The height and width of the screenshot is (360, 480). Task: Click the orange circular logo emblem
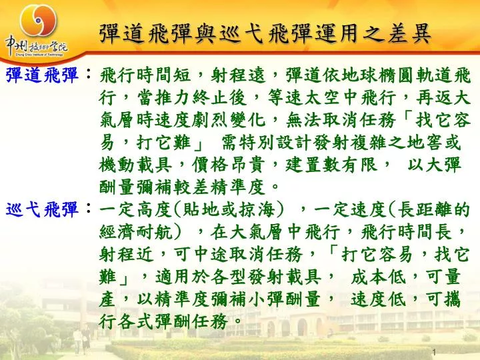[38, 20]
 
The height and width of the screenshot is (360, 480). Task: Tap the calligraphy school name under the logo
[36, 47]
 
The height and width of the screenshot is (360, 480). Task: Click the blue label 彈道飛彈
[42, 75]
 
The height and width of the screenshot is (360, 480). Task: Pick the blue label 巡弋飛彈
[42, 210]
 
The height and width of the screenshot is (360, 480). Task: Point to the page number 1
[434, 352]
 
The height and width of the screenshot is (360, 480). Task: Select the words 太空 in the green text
[321, 97]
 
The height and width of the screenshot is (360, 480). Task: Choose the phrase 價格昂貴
[228, 165]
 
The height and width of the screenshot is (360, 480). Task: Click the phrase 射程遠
[238, 75]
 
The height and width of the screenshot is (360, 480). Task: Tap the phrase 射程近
[126, 255]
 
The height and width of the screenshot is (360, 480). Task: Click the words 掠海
[257, 210]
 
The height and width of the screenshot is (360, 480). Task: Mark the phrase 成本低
[378, 277]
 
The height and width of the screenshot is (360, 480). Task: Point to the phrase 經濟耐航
[135, 232]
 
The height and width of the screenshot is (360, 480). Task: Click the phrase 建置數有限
[331, 165]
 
